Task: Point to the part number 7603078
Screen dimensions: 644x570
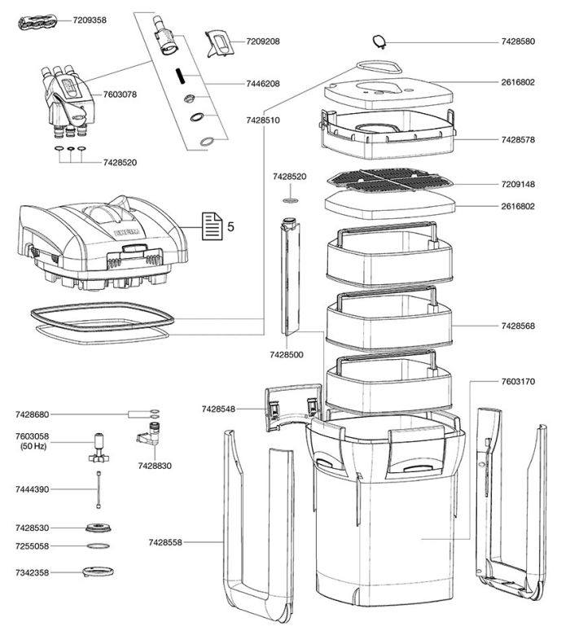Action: [120, 94]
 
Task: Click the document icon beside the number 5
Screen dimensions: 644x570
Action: [211, 226]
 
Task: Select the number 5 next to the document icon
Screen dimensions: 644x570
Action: [230, 226]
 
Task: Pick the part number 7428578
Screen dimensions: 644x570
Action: [518, 140]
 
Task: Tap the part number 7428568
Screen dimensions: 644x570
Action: [518, 326]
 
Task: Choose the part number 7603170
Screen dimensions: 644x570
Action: [518, 381]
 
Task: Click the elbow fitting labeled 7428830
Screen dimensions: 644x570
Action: [150, 432]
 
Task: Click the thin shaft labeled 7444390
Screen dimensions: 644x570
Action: [99, 492]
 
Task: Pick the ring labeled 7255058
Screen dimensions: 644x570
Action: [99, 545]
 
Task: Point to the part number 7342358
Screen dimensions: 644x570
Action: [32, 573]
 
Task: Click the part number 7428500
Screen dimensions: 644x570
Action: [287, 355]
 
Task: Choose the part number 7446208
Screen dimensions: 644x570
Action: [263, 84]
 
